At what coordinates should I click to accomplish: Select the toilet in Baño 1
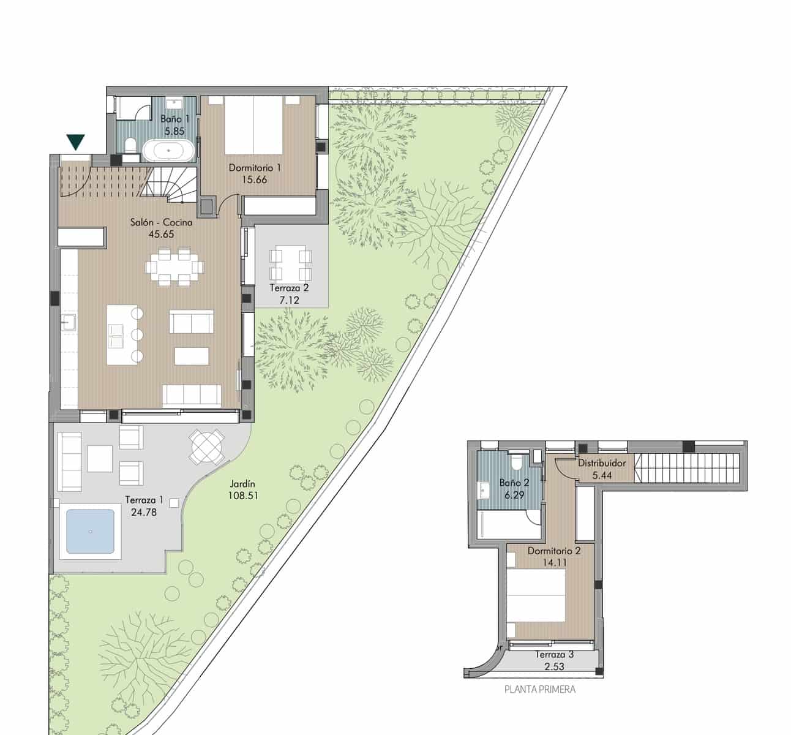(x=129, y=146)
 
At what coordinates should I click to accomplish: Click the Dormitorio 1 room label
(x=255, y=167)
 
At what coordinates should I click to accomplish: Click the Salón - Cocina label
(x=161, y=222)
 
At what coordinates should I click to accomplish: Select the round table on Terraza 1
(x=206, y=447)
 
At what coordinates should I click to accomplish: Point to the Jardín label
(x=242, y=484)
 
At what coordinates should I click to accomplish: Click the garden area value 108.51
(x=242, y=496)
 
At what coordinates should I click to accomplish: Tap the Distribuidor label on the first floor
(x=602, y=463)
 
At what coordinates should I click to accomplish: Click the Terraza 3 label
(x=553, y=654)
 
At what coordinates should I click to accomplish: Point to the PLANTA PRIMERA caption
(x=539, y=689)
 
